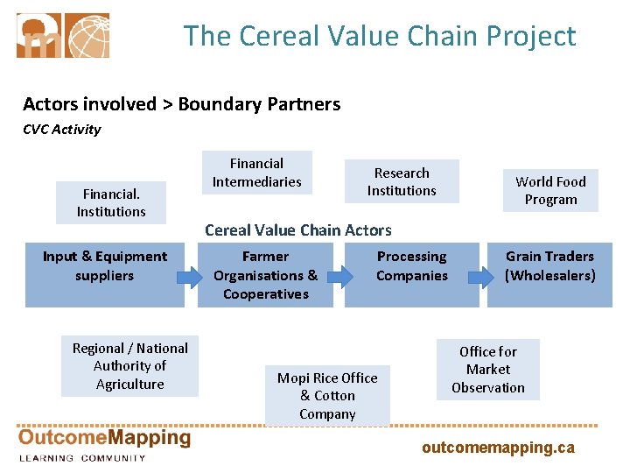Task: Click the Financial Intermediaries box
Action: [x=256, y=173]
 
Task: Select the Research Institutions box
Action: [x=402, y=181]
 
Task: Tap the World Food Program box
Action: [x=550, y=190]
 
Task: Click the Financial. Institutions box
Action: [x=111, y=202]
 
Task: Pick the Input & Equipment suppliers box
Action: [x=104, y=274]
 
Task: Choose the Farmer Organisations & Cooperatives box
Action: [x=264, y=274]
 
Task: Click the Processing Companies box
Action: [x=411, y=274]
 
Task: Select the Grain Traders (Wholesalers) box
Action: [x=549, y=274]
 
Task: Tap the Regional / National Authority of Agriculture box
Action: [x=129, y=365]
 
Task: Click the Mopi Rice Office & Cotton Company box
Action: [x=327, y=395]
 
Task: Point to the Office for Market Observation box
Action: [x=488, y=369]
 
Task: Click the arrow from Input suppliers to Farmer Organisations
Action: [x=189, y=279]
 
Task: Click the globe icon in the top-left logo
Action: [x=87, y=35]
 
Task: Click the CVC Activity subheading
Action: [x=61, y=130]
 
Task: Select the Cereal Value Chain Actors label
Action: [x=298, y=230]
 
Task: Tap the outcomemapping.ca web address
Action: [x=498, y=448]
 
